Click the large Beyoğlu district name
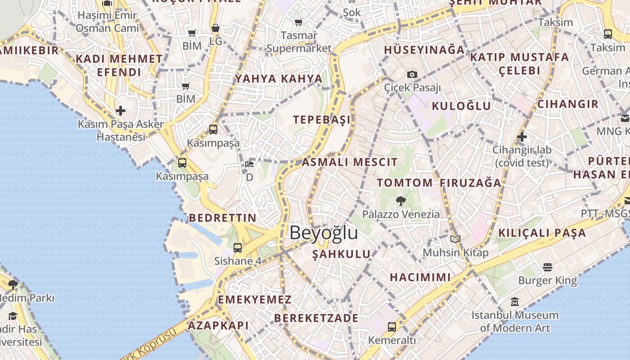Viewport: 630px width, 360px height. (324, 233)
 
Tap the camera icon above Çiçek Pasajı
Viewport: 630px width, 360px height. (412, 74)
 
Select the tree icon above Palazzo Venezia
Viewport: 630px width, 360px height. (400, 201)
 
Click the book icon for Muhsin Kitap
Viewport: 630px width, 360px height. (455, 239)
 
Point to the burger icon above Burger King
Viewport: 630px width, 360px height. (547, 267)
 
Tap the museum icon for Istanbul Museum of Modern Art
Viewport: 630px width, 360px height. (515, 301)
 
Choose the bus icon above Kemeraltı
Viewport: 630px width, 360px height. (392, 327)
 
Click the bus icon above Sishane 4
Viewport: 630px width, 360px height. (238, 247)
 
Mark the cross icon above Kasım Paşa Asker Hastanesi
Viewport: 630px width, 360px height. (120, 110)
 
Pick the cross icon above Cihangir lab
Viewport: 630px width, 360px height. (522, 136)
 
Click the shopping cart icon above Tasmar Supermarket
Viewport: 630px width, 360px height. (298, 22)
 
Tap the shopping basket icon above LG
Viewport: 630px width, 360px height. (216, 28)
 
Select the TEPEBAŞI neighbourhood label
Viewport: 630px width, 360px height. (322, 120)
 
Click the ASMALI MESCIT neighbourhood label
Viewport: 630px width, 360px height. (350, 162)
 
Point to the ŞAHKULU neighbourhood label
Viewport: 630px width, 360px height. (342, 254)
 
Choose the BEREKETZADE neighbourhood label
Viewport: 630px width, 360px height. (316, 318)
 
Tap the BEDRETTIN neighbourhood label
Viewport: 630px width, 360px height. (222, 218)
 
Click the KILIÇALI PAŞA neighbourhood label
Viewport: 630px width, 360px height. (542, 233)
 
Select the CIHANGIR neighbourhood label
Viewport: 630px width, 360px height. (568, 104)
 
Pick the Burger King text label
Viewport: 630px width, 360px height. (547, 281)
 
